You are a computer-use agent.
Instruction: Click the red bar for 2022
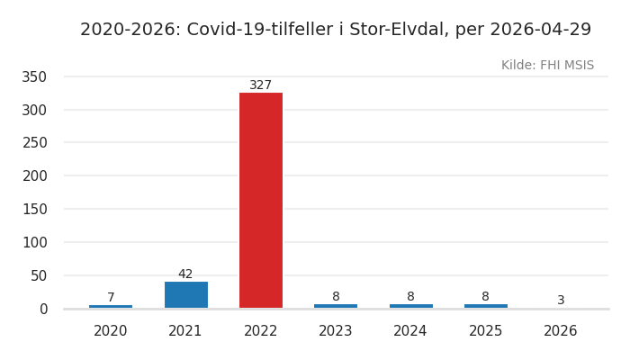261,200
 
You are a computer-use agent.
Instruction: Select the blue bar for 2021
185,294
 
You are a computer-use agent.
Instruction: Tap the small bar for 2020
111,307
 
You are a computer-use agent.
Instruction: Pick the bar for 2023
336,306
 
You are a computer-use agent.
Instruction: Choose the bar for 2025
485,306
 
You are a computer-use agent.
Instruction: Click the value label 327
261,85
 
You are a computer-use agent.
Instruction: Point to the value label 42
185,274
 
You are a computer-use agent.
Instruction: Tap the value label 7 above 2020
111,298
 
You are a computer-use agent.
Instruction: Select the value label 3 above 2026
561,301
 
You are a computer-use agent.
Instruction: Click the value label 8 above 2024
410,297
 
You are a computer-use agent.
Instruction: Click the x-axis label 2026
561,331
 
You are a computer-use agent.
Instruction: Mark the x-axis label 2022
261,331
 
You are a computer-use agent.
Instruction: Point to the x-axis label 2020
111,331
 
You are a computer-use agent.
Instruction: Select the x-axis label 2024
410,331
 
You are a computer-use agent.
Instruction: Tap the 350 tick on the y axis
34,77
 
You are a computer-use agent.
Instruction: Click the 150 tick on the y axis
34,210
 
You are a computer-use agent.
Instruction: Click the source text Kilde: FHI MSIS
547,66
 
